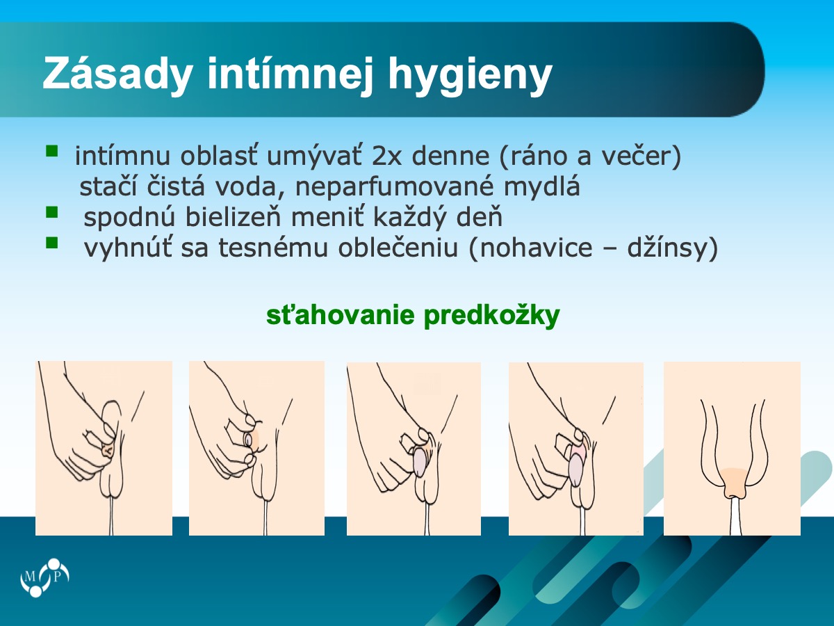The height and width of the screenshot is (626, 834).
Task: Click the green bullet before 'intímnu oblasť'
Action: (x=51, y=151)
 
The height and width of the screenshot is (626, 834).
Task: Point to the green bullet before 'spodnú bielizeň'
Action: (x=51, y=212)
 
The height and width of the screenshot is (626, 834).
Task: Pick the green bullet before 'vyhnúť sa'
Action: (x=51, y=242)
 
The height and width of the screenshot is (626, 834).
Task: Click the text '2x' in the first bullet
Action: (x=386, y=156)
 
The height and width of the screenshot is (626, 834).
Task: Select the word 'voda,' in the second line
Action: (x=250, y=186)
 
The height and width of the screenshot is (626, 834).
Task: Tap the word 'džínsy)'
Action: (x=673, y=248)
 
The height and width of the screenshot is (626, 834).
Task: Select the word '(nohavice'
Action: (x=531, y=248)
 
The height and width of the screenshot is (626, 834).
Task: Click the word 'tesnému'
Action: (x=273, y=248)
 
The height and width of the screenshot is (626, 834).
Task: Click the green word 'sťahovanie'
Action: (x=340, y=315)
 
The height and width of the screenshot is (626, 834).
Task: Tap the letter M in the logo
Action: (x=30, y=577)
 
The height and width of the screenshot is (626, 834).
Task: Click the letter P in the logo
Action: (x=57, y=577)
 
